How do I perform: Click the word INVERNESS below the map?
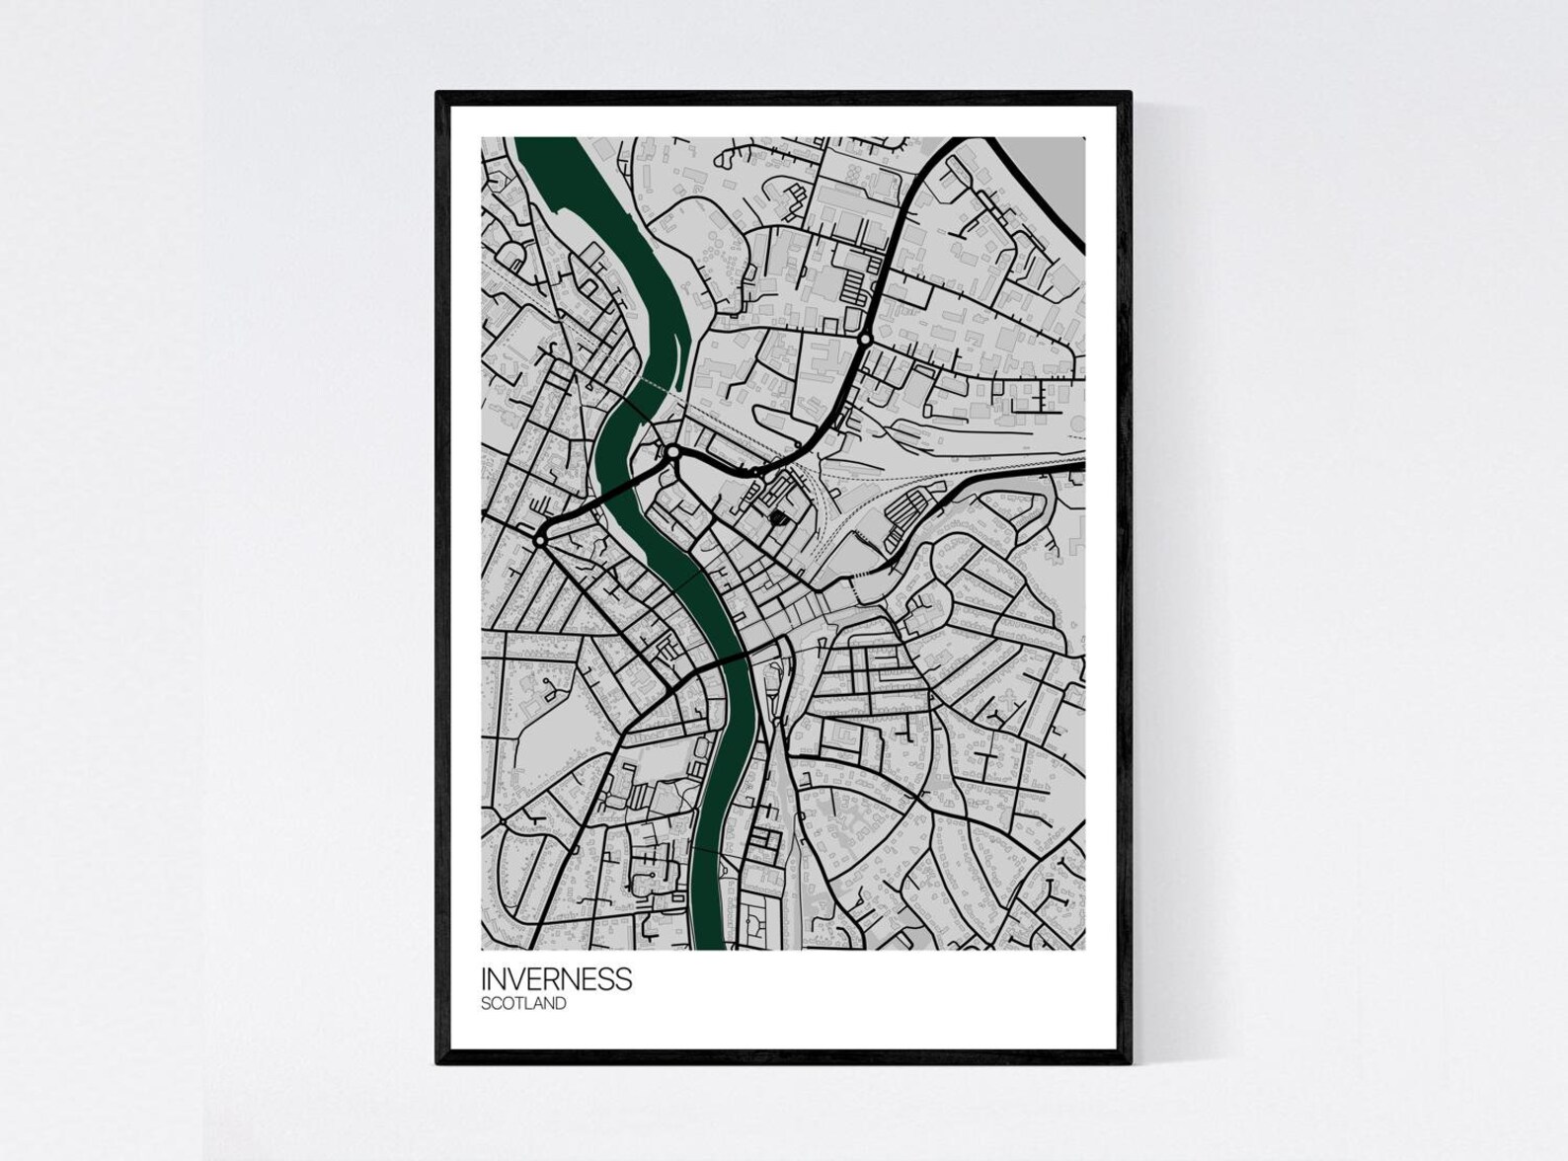coord(556,979)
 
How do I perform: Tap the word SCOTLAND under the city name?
coord(523,1004)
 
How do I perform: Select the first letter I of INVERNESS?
coord(484,979)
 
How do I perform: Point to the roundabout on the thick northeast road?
coord(865,340)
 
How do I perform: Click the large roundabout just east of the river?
coord(673,452)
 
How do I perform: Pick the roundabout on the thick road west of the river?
coord(540,541)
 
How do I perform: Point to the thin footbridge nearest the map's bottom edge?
coord(706,851)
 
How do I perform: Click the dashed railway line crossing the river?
coord(642,380)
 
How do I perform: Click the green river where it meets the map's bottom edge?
coord(709,943)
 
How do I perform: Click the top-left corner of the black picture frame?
coord(438,94)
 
